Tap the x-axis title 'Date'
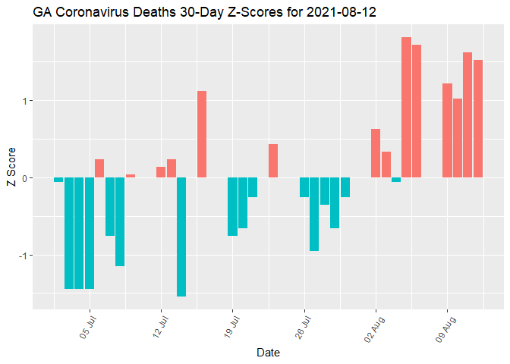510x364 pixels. pyautogui.click(x=267, y=352)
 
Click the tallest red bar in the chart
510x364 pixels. pyautogui.click(x=406, y=106)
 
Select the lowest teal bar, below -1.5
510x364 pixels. pyautogui.click(x=181, y=237)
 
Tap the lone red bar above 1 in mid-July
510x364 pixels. pyautogui.click(x=202, y=134)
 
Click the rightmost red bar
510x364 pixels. pyautogui.click(x=478, y=118)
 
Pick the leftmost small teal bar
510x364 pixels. pyautogui.click(x=58, y=180)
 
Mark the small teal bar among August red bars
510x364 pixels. pyautogui.click(x=396, y=180)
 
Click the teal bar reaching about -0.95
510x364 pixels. pyautogui.click(x=314, y=215)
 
